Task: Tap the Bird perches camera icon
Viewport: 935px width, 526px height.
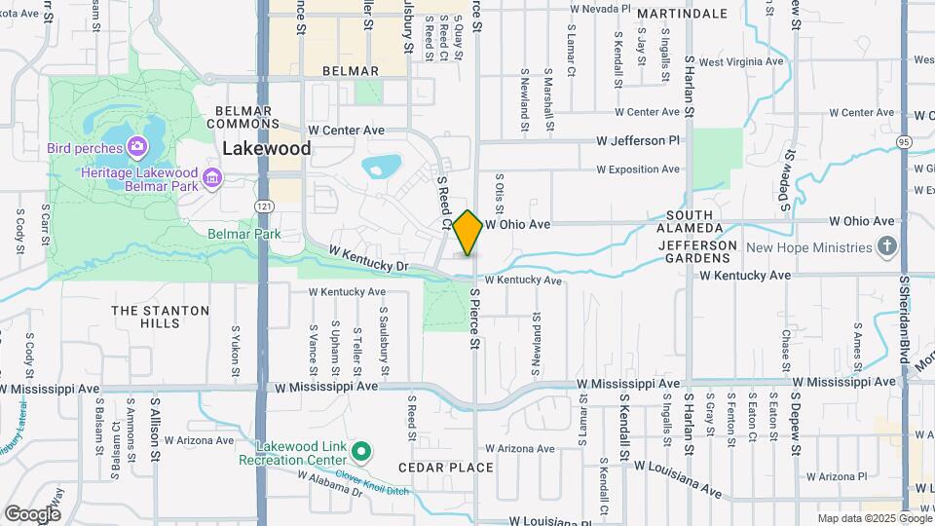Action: tap(137, 148)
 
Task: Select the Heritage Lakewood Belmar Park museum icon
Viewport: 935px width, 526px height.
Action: tap(212, 177)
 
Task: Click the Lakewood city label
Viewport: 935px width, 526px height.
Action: tap(267, 149)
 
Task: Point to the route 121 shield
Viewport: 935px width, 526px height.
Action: tap(264, 207)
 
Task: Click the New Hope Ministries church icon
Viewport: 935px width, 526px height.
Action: tap(886, 247)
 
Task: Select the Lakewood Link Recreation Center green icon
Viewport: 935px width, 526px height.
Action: tap(361, 451)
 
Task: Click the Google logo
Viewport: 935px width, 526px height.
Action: tap(32, 513)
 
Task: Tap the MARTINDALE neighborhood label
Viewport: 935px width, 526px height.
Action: tap(683, 14)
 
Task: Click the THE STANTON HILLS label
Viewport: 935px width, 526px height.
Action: tap(160, 317)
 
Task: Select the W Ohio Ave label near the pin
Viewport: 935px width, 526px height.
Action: tap(517, 224)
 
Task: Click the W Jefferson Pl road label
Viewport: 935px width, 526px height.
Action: tap(630, 141)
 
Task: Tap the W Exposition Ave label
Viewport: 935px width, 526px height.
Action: tap(637, 169)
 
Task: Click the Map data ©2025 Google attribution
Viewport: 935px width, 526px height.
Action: tap(874, 518)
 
